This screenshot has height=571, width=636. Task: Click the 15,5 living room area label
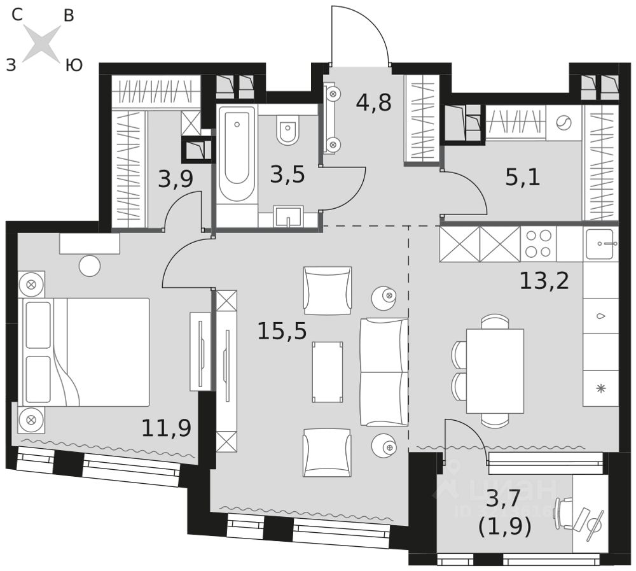pyautogui.click(x=282, y=331)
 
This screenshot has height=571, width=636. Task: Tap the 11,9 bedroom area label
pyautogui.click(x=166, y=428)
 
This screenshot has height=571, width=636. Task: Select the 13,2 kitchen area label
pyautogui.click(x=544, y=280)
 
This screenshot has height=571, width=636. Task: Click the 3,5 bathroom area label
pyautogui.click(x=287, y=174)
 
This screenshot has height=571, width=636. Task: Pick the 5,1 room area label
pyautogui.click(x=522, y=178)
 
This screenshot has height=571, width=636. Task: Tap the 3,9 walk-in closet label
pyautogui.click(x=176, y=180)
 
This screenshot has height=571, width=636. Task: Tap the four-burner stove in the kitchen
pyautogui.click(x=538, y=244)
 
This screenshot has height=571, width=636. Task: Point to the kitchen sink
pyautogui.click(x=599, y=244)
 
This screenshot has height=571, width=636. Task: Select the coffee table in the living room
pyautogui.click(x=327, y=372)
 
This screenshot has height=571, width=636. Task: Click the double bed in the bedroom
pyautogui.click(x=86, y=352)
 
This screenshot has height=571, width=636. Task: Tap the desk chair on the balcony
pyautogui.click(x=565, y=513)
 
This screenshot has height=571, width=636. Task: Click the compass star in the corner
pyautogui.click(x=42, y=43)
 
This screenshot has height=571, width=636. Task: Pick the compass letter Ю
pyautogui.click(x=74, y=65)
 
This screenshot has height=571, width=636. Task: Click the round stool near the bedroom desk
pyautogui.click(x=90, y=265)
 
